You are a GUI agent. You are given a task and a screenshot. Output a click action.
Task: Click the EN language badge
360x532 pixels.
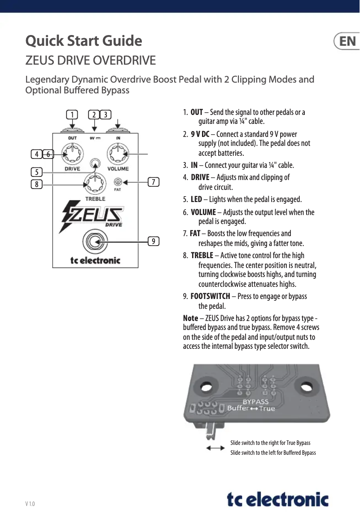(347, 41)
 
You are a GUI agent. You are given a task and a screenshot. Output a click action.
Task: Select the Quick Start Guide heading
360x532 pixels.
(84, 41)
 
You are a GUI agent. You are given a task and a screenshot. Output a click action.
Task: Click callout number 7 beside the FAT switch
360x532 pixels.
(154, 182)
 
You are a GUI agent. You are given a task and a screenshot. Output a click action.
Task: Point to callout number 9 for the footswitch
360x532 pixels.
(154, 242)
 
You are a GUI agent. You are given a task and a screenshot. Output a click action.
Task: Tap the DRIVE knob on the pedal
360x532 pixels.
(72, 154)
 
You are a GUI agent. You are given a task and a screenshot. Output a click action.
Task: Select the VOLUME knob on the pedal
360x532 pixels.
(118, 154)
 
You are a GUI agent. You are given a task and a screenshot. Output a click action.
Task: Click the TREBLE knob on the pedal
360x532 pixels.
(95, 183)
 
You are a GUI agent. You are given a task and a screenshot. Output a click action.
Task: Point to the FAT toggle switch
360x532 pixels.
(118, 182)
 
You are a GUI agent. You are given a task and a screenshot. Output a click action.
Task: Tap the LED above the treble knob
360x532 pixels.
(95, 164)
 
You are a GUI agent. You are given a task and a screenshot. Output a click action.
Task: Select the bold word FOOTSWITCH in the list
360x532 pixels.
(210, 296)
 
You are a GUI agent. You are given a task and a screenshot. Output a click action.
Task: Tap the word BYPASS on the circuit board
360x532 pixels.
(256, 401)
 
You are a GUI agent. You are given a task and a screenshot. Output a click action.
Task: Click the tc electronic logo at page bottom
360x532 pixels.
(277, 499)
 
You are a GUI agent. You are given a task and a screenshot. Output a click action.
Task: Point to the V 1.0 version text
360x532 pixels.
(30, 504)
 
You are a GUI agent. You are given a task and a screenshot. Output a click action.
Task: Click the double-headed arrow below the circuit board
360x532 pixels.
(215, 448)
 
